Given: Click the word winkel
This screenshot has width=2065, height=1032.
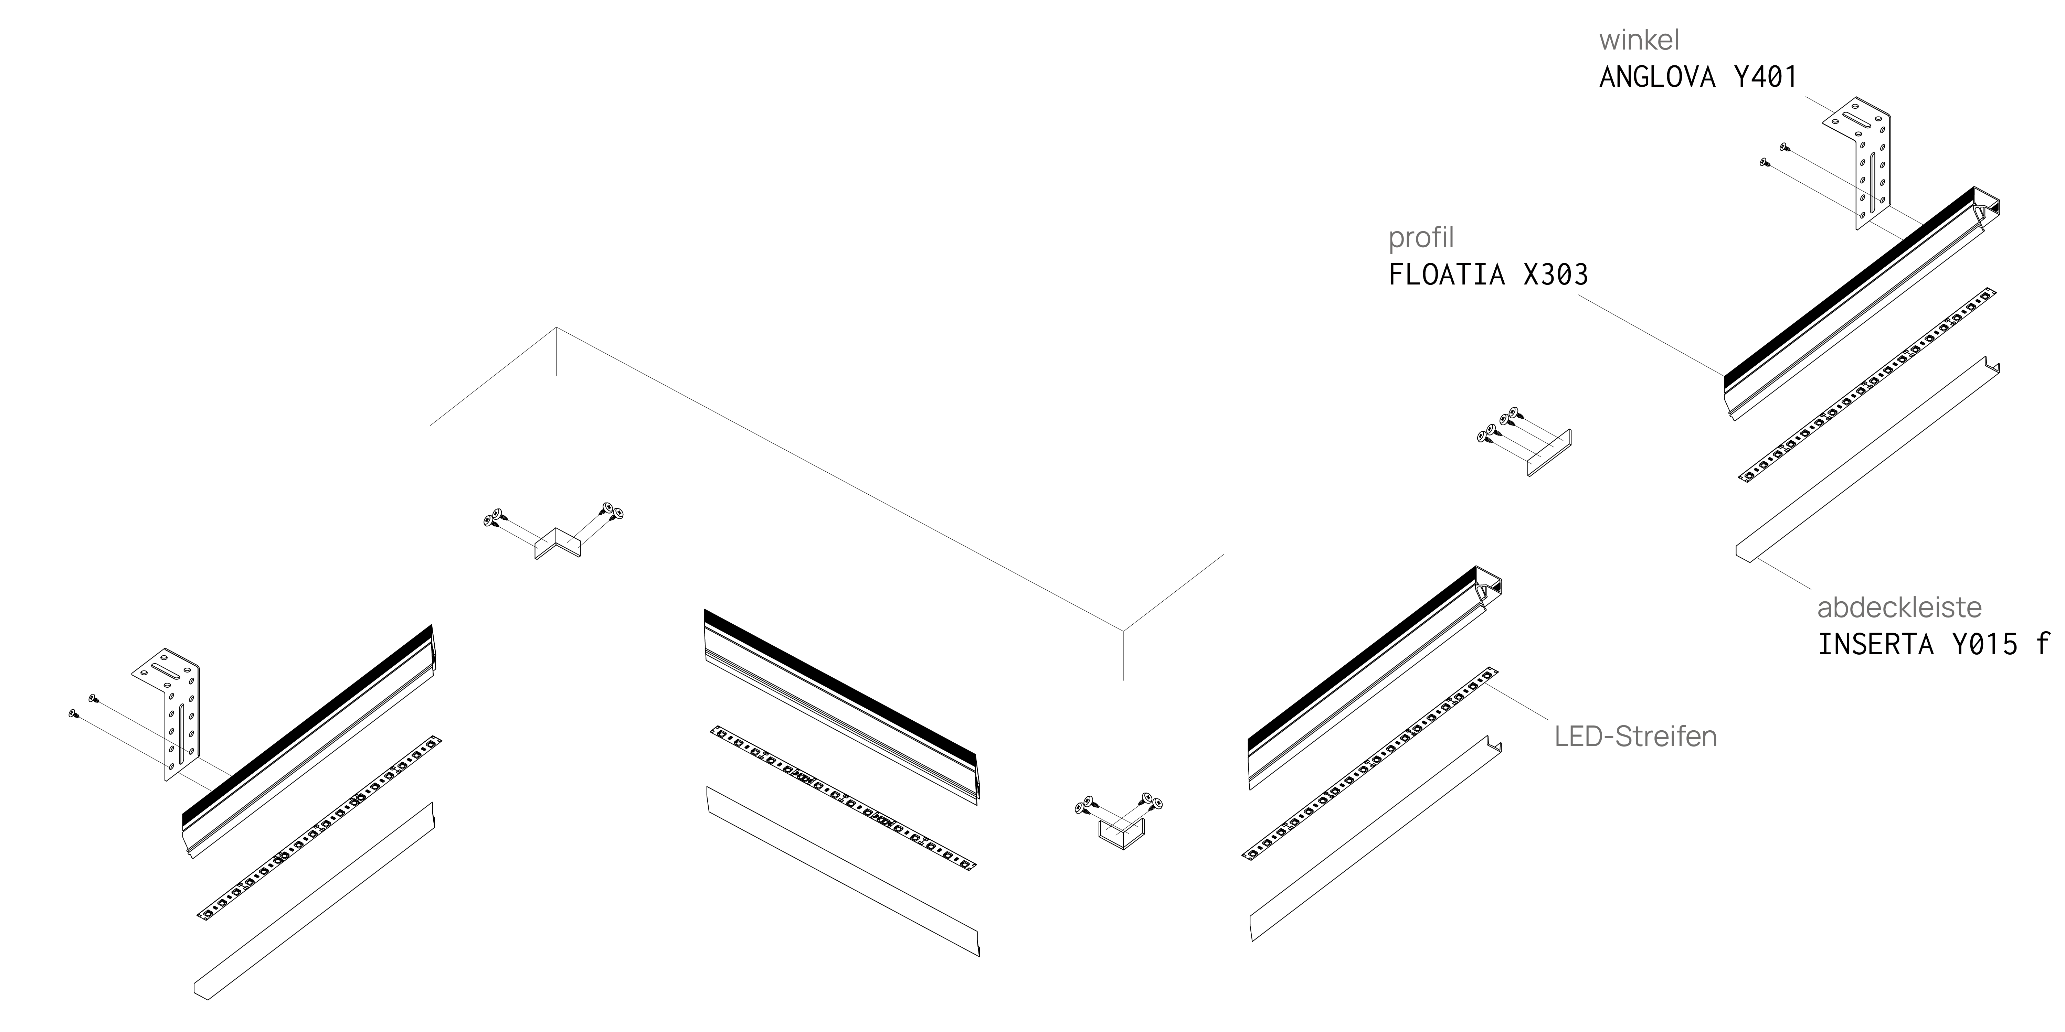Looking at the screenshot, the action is (1639, 40).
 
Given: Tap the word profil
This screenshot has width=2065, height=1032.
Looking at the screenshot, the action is (1421, 238).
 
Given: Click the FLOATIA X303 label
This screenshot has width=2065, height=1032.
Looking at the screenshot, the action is (1488, 275).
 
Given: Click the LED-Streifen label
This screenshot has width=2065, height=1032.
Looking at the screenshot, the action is (1635, 737).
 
